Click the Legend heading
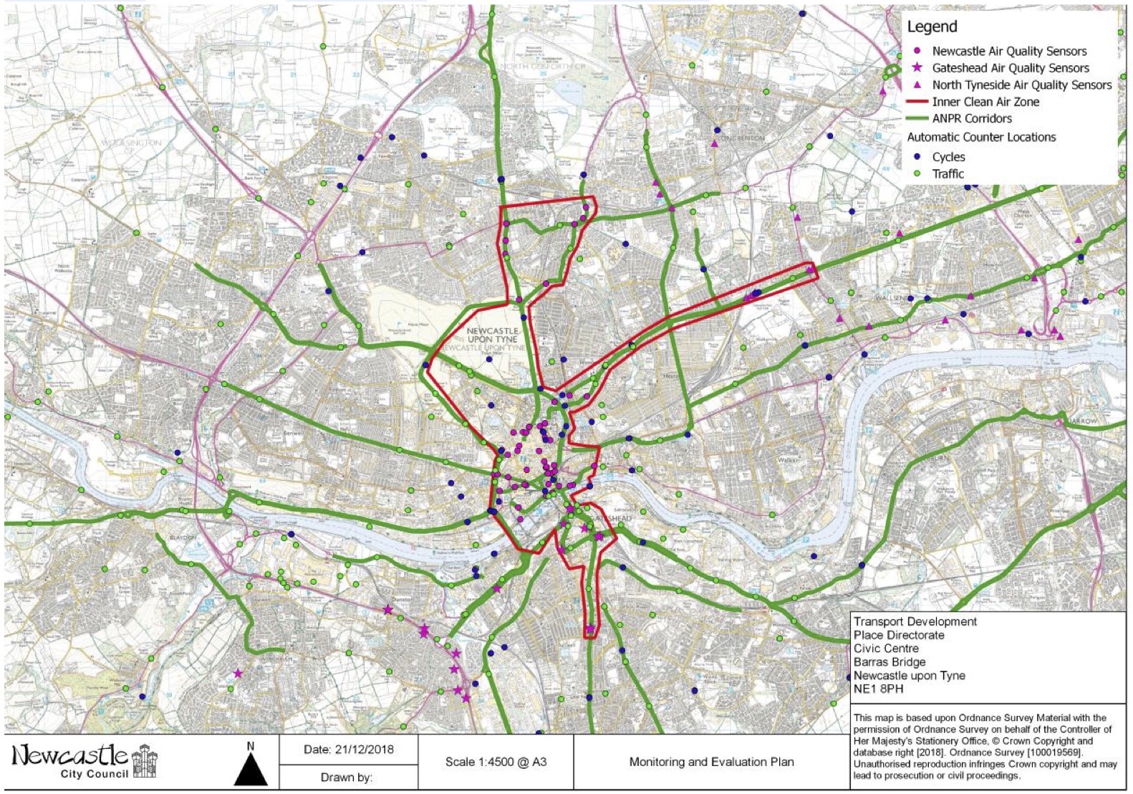coord(932,27)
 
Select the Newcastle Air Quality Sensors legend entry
coord(1008,51)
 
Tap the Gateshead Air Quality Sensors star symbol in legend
coord(917,68)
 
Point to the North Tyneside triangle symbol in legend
coord(917,85)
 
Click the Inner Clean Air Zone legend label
coord(985,102)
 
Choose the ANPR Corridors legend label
coord(972,118)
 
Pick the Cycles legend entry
coord(948,157)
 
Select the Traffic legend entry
coord(948,174)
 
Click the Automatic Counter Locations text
coord(981,137)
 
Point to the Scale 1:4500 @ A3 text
coord(496,762)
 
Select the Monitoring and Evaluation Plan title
coord(711,762)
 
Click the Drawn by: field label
coord(347,778)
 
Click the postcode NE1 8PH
coord(878,689)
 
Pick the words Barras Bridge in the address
coord(889,662)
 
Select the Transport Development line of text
coord(915,621)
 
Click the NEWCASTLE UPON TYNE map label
coord(493,335)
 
